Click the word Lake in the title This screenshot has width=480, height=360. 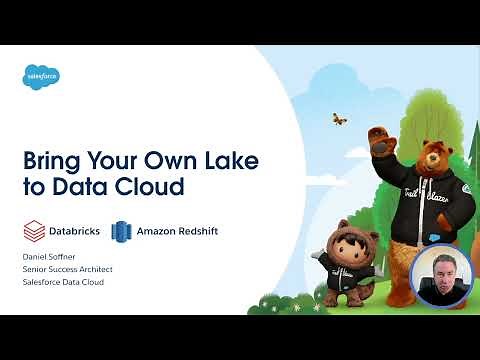pyautogui.click(x=214, y=160)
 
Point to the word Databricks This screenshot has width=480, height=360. pyautogui.click(x=76, y=231)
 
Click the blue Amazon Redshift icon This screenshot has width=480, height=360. pyautogui.click(x=122, y=230)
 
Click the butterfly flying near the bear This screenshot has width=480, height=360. pyautogui.click(x=340, y=119)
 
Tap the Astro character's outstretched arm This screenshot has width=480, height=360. pyautogui.click(x=312, y=258)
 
